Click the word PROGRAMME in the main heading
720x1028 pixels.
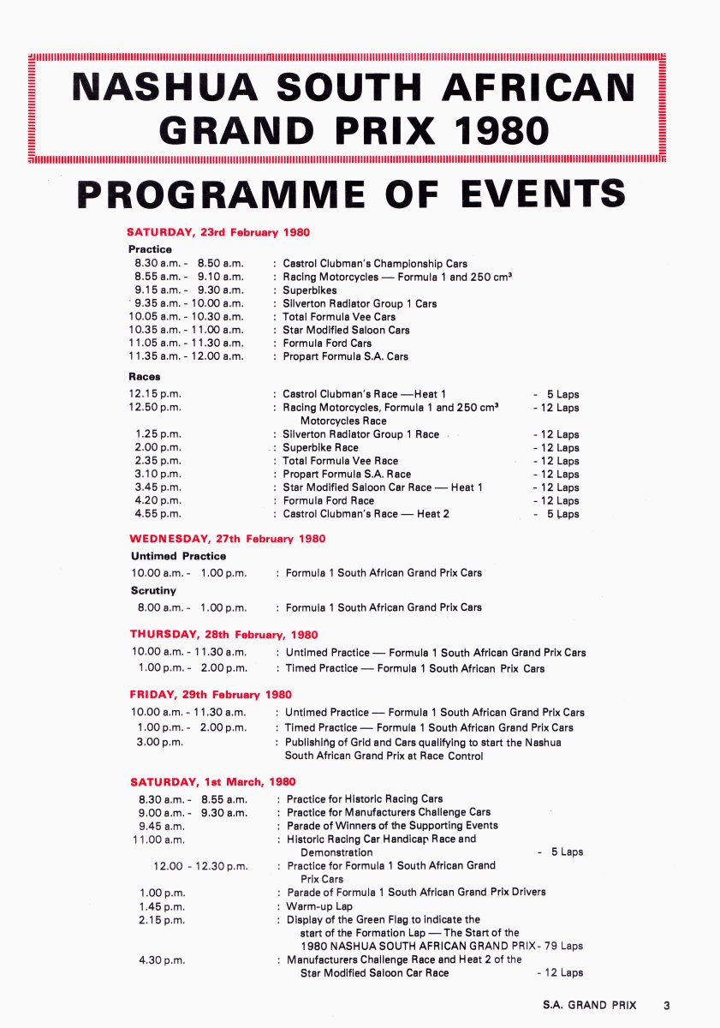[220, 193]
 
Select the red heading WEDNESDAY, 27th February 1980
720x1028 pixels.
[228, 539]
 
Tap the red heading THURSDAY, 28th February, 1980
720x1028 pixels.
[223, 635]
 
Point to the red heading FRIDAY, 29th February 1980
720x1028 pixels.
[211, 695]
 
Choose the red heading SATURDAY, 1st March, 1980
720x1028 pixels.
[213, 782]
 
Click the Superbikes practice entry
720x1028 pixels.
[310, 290]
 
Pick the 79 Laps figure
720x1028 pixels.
[563, 946]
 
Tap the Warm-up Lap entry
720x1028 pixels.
[319, 905]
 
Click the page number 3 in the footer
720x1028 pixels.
[666, 1005]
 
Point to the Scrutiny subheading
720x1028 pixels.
[153, 590]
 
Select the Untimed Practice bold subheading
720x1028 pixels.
[179, 556]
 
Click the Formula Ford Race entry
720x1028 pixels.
[329, 500]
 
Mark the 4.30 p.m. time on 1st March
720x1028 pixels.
[162, 959]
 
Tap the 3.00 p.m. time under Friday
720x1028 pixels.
[159, 742]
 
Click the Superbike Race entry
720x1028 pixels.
[321, 447]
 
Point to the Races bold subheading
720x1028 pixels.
[145, 376]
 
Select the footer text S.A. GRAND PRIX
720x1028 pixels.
[590, 1005]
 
